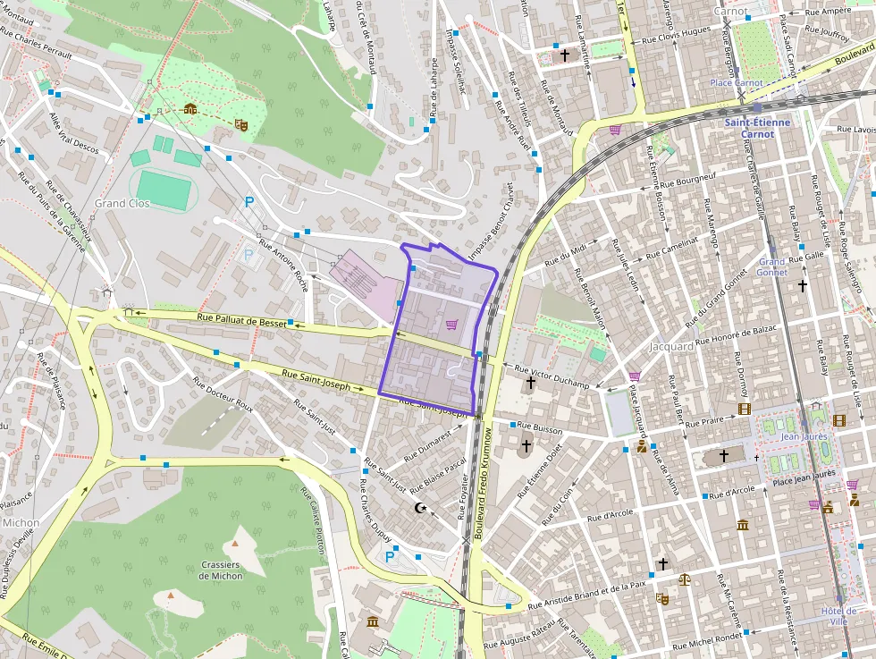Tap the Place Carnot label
point(737,83)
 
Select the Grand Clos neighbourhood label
point(122,204)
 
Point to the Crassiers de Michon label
point(220,570)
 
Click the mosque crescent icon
point(421,509)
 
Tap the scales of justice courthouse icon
point(684,579)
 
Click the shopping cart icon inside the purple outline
point(451,325)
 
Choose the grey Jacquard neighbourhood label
point(672,346)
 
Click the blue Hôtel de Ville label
point(838,617)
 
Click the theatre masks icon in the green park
point(240,125)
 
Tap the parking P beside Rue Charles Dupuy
point(390,557)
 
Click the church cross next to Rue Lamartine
point(564,55)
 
